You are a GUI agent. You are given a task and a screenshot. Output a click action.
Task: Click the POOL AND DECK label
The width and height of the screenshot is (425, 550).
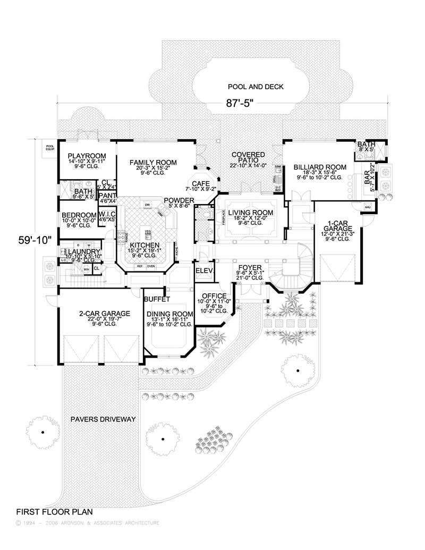click(x=256, y=87)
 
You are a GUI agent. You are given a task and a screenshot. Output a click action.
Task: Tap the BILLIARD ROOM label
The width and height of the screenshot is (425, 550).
click(x=319, y=167)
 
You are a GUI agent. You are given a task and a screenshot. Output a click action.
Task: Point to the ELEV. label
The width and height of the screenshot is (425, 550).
click(x=205, y=270)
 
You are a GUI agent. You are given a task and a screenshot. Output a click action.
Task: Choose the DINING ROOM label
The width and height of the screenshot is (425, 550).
click(x=169, y=314)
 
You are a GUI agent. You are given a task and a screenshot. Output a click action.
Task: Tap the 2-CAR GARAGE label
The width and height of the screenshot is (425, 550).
click(x=104, y=314)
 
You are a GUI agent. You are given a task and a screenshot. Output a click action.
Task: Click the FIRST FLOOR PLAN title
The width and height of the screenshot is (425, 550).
click(x=54, y=512)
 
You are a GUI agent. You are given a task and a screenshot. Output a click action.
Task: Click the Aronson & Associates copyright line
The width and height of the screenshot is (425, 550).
click(x=88, y=523)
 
